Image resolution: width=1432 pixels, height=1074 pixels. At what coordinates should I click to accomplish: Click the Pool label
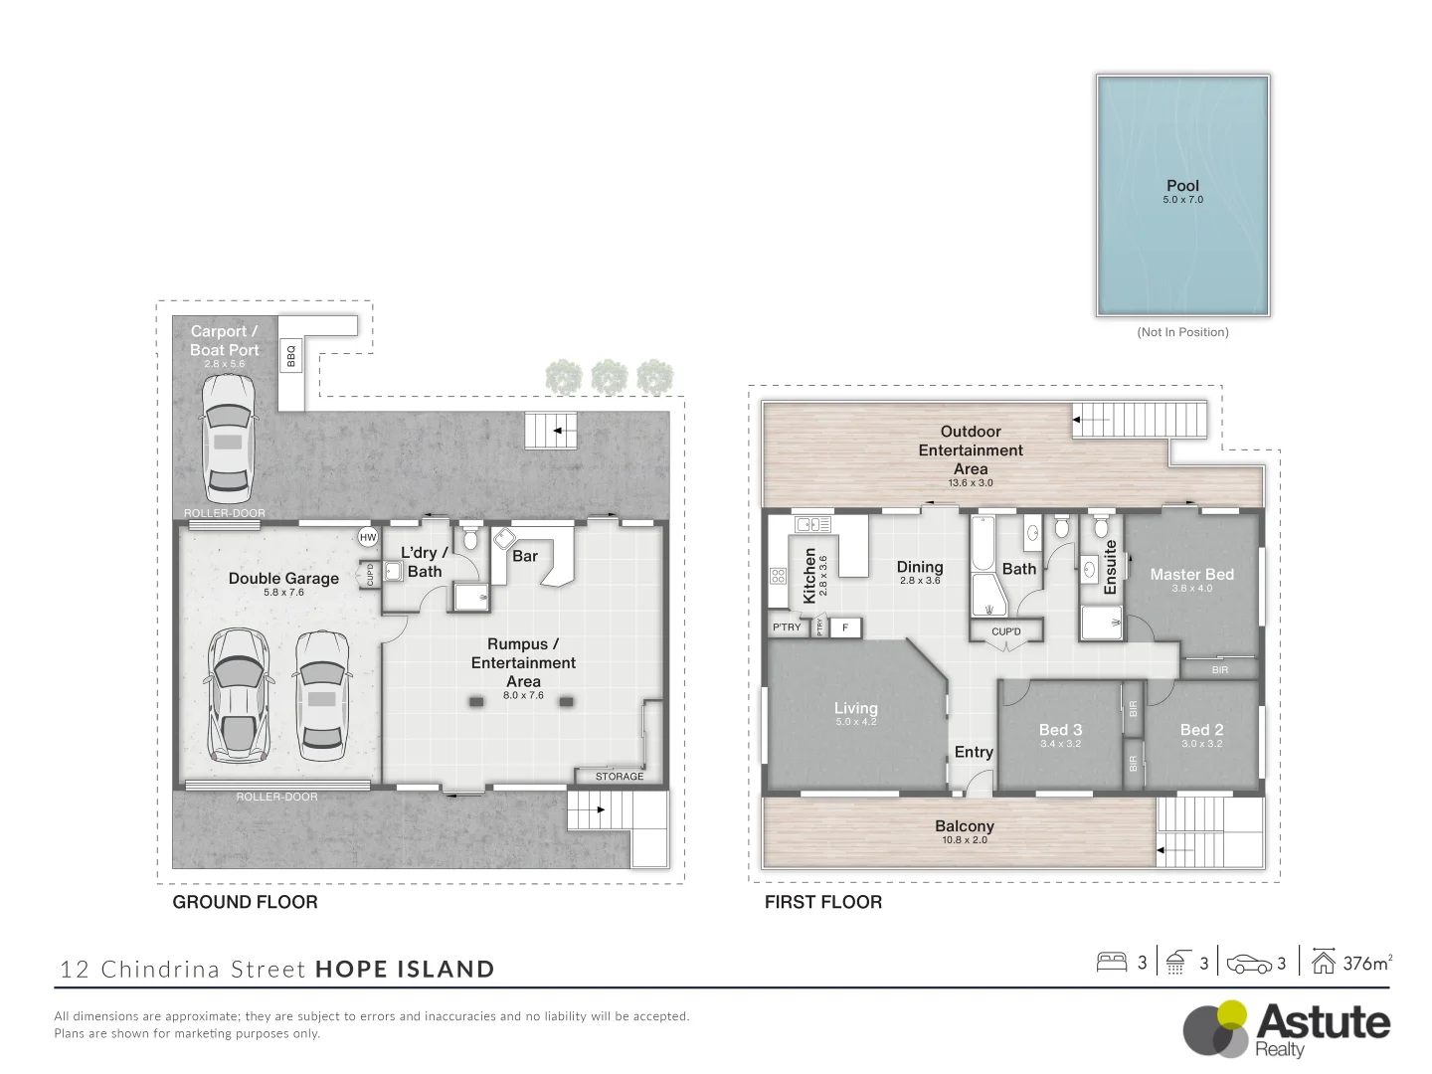point(1182,186)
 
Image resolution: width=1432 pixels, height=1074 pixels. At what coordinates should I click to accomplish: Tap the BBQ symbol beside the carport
point(291,356)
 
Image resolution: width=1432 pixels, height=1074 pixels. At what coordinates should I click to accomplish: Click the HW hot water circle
point(368,537)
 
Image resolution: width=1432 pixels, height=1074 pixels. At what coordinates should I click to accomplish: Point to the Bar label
point(525,556)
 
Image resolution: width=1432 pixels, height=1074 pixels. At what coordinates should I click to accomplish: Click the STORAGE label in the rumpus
point(619,776)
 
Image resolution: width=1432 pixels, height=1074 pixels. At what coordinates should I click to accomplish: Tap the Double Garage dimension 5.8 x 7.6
point(283,593)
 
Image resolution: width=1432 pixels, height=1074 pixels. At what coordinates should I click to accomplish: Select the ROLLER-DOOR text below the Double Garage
point(276,797)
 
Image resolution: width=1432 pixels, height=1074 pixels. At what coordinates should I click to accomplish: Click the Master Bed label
point(1191,574)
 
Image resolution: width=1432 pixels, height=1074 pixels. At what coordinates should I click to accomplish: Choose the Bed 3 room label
point(1060,729)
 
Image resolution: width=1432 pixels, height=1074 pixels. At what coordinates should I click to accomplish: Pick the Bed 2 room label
point(1201,729)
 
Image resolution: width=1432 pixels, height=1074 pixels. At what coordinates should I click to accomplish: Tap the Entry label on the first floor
point(974,752)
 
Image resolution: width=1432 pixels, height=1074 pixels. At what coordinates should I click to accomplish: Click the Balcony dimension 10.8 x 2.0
point(964,840)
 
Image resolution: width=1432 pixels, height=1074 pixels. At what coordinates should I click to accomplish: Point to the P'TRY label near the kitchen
point(787,626)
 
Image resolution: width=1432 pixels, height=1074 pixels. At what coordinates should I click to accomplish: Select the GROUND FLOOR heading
point(245,902)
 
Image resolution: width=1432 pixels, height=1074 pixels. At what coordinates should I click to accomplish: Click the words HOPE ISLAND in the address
point(405,969)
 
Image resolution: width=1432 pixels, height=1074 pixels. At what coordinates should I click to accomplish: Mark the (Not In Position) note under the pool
point(1182,332)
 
